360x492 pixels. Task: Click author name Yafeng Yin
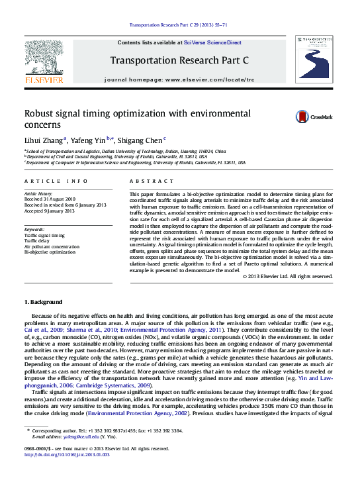pos(90,140)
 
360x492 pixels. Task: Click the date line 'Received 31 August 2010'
pos(50,199)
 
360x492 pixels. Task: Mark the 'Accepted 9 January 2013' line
pos(50,210)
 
